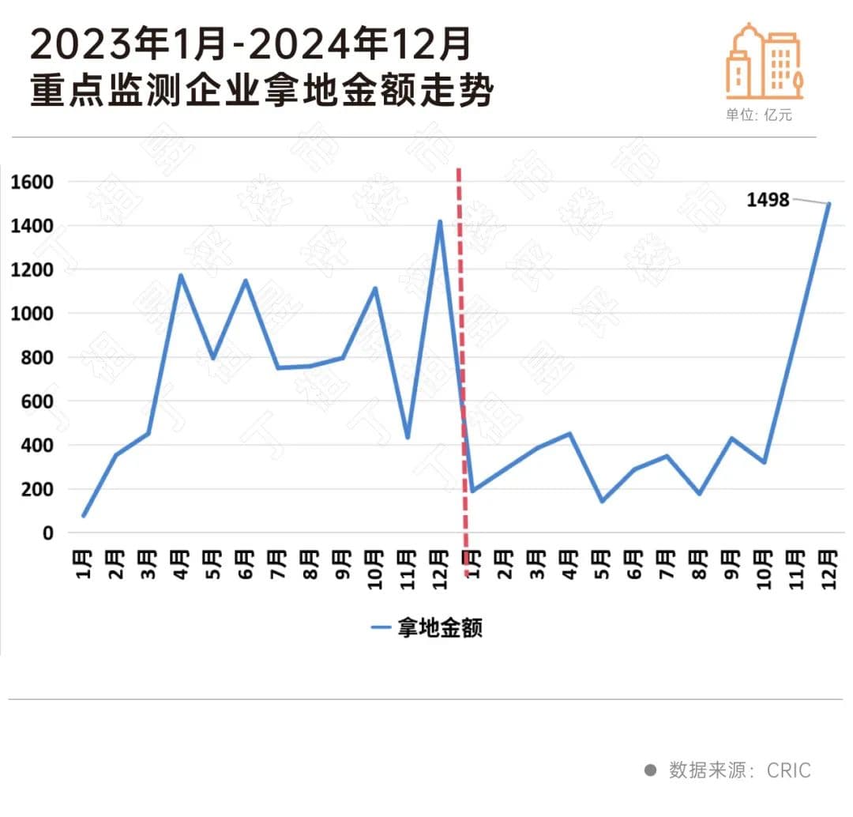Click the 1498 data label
click(768, 200)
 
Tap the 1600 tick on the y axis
click(32, 183)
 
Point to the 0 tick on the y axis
click(48, 533)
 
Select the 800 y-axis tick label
click(37, 358)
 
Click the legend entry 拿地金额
click(427, 628)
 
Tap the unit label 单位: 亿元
click(758, 115)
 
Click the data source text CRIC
click(788, 770)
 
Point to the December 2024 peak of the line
click(829, 204)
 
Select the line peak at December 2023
click(440, 221)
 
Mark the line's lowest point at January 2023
click(83, 516)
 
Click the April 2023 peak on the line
click(181, 275)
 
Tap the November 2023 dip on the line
click(407, 437)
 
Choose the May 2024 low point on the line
click(602, 501)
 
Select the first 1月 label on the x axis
click(85, 564)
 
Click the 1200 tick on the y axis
click(32, 270)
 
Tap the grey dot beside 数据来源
click(650, 770)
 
